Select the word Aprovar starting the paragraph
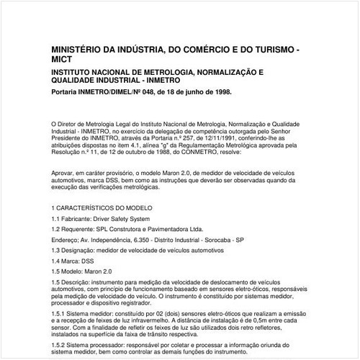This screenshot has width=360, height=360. click(x=63, y=173)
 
